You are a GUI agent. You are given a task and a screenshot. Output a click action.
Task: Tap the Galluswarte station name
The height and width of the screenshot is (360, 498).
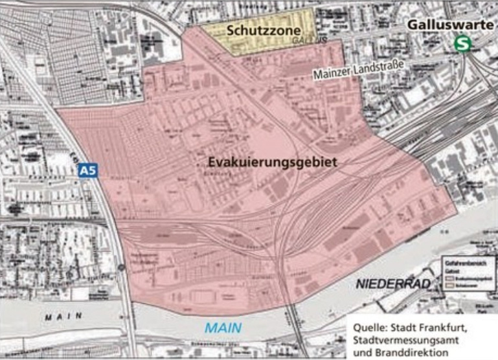coord(447,23)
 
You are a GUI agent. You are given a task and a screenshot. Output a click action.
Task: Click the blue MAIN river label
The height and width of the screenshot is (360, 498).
coord(223,328)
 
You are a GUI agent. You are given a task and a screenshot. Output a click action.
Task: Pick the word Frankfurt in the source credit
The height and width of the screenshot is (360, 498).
coord(446,327)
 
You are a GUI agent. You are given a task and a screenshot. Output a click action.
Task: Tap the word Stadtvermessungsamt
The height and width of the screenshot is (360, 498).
coord(403,340)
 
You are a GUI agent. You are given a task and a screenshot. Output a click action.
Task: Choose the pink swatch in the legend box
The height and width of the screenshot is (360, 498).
coord(449,278)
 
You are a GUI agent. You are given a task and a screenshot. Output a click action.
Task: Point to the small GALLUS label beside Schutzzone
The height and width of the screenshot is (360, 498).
coord(307,39)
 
